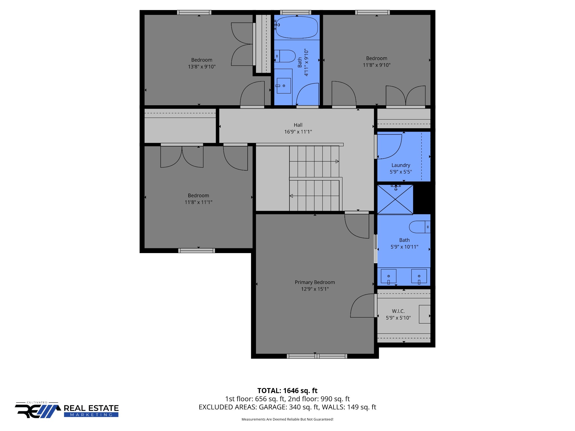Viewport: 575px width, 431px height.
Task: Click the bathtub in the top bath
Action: [x=297, y=27]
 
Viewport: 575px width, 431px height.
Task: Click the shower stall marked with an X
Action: [x=395, y=200]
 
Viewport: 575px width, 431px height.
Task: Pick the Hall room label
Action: [x=298, y=125]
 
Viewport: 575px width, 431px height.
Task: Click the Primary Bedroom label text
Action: [x=315, y=282]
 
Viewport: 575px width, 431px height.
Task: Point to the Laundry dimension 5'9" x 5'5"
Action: [x=401, y=172]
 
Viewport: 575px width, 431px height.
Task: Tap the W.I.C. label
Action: [x=398, y=311]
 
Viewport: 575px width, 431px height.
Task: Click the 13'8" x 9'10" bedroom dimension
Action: [x=202, y=67]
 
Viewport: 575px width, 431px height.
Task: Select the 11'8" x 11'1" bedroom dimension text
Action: [x=198, y=202]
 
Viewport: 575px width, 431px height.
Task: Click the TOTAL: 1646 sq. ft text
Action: [x=287, y=391]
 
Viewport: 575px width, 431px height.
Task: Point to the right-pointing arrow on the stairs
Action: [x=337, y=161]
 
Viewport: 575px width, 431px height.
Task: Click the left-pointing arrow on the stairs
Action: [x=291, y=196]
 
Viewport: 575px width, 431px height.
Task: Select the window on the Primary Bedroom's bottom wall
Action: [x=317, y=356]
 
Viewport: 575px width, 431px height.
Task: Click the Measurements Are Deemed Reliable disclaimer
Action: [x=287, y=419]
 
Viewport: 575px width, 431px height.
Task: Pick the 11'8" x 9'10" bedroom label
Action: [x=377, y=58]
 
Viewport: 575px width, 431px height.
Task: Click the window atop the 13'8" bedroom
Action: [x=194, y=12]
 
